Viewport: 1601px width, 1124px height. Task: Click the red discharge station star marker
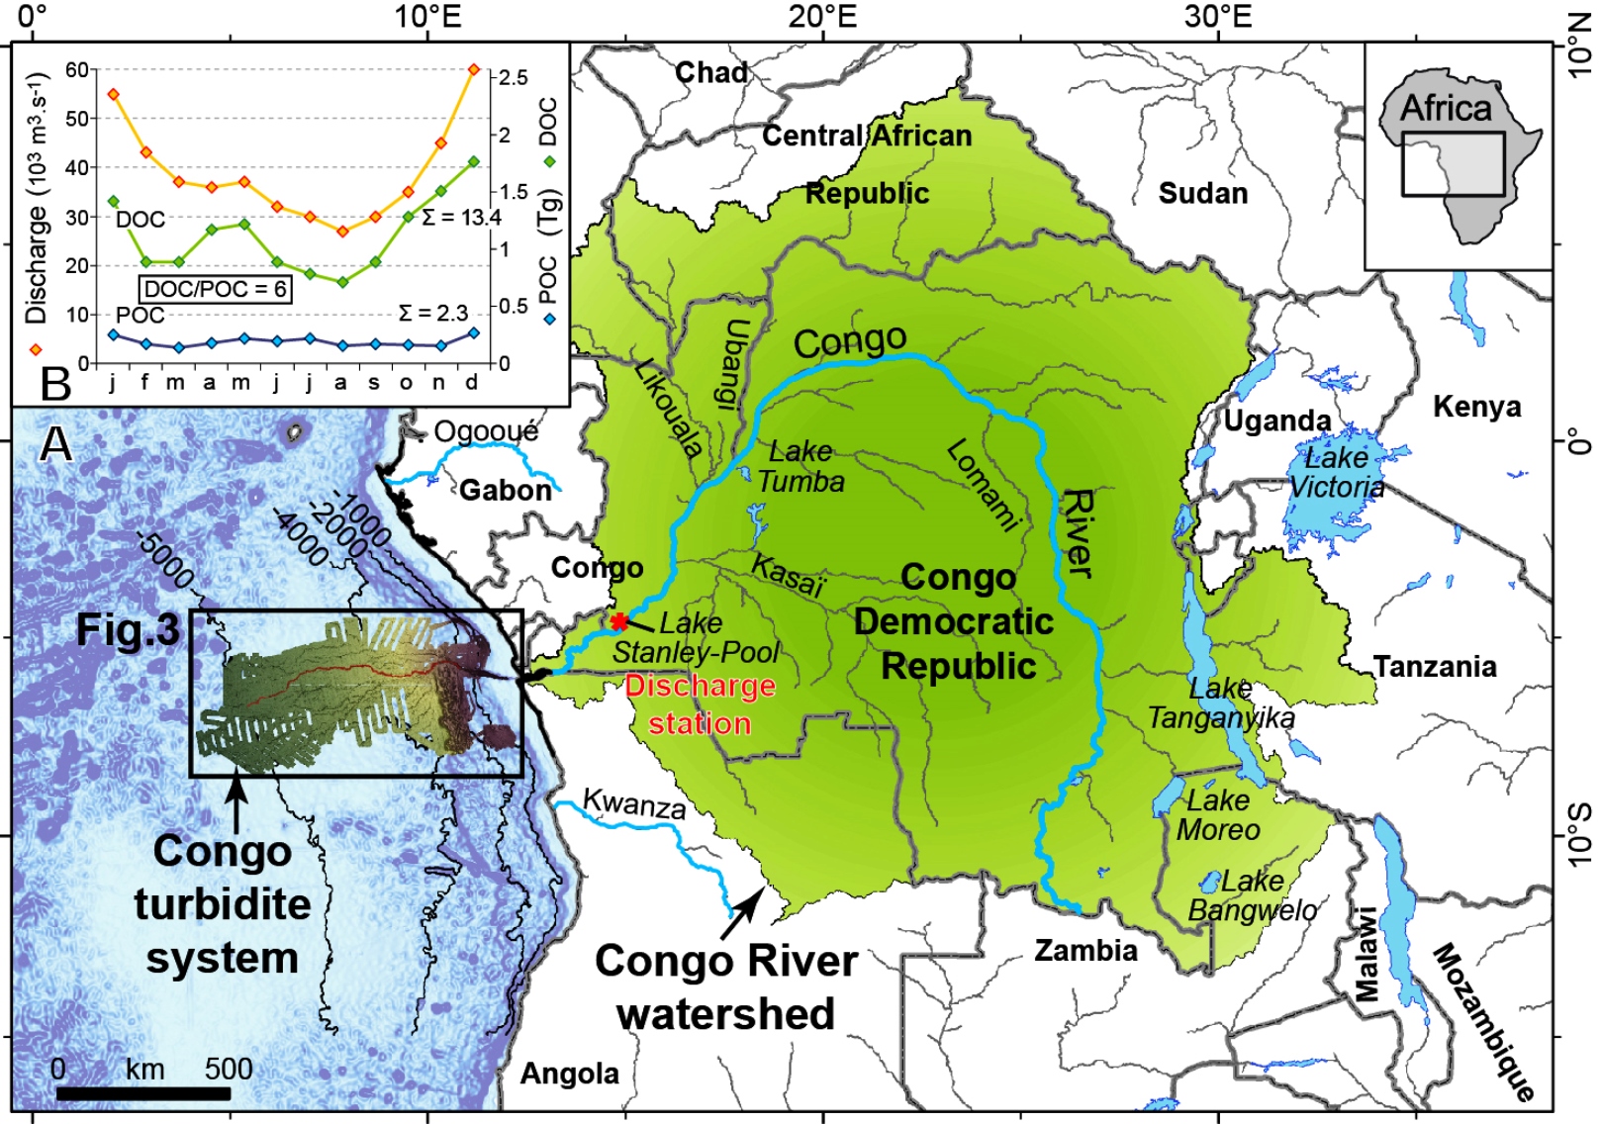619,621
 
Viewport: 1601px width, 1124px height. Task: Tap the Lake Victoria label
1338,472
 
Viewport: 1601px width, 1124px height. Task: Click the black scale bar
143,1093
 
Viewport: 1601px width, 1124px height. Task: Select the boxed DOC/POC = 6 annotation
216,289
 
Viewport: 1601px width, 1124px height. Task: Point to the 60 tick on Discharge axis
77,69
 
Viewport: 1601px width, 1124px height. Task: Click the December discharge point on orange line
473,69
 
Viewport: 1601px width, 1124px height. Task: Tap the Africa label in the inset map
1446,107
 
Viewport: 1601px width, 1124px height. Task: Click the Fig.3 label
129,630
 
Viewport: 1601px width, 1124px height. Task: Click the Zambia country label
1085,951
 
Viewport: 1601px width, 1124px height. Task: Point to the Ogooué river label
486,431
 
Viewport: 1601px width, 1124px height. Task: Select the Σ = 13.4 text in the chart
461,217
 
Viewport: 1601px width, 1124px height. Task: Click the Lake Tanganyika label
1221,702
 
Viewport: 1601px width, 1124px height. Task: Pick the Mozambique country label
1482,1021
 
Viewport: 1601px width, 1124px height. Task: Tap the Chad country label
710,72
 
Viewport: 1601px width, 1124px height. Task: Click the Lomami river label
982,485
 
